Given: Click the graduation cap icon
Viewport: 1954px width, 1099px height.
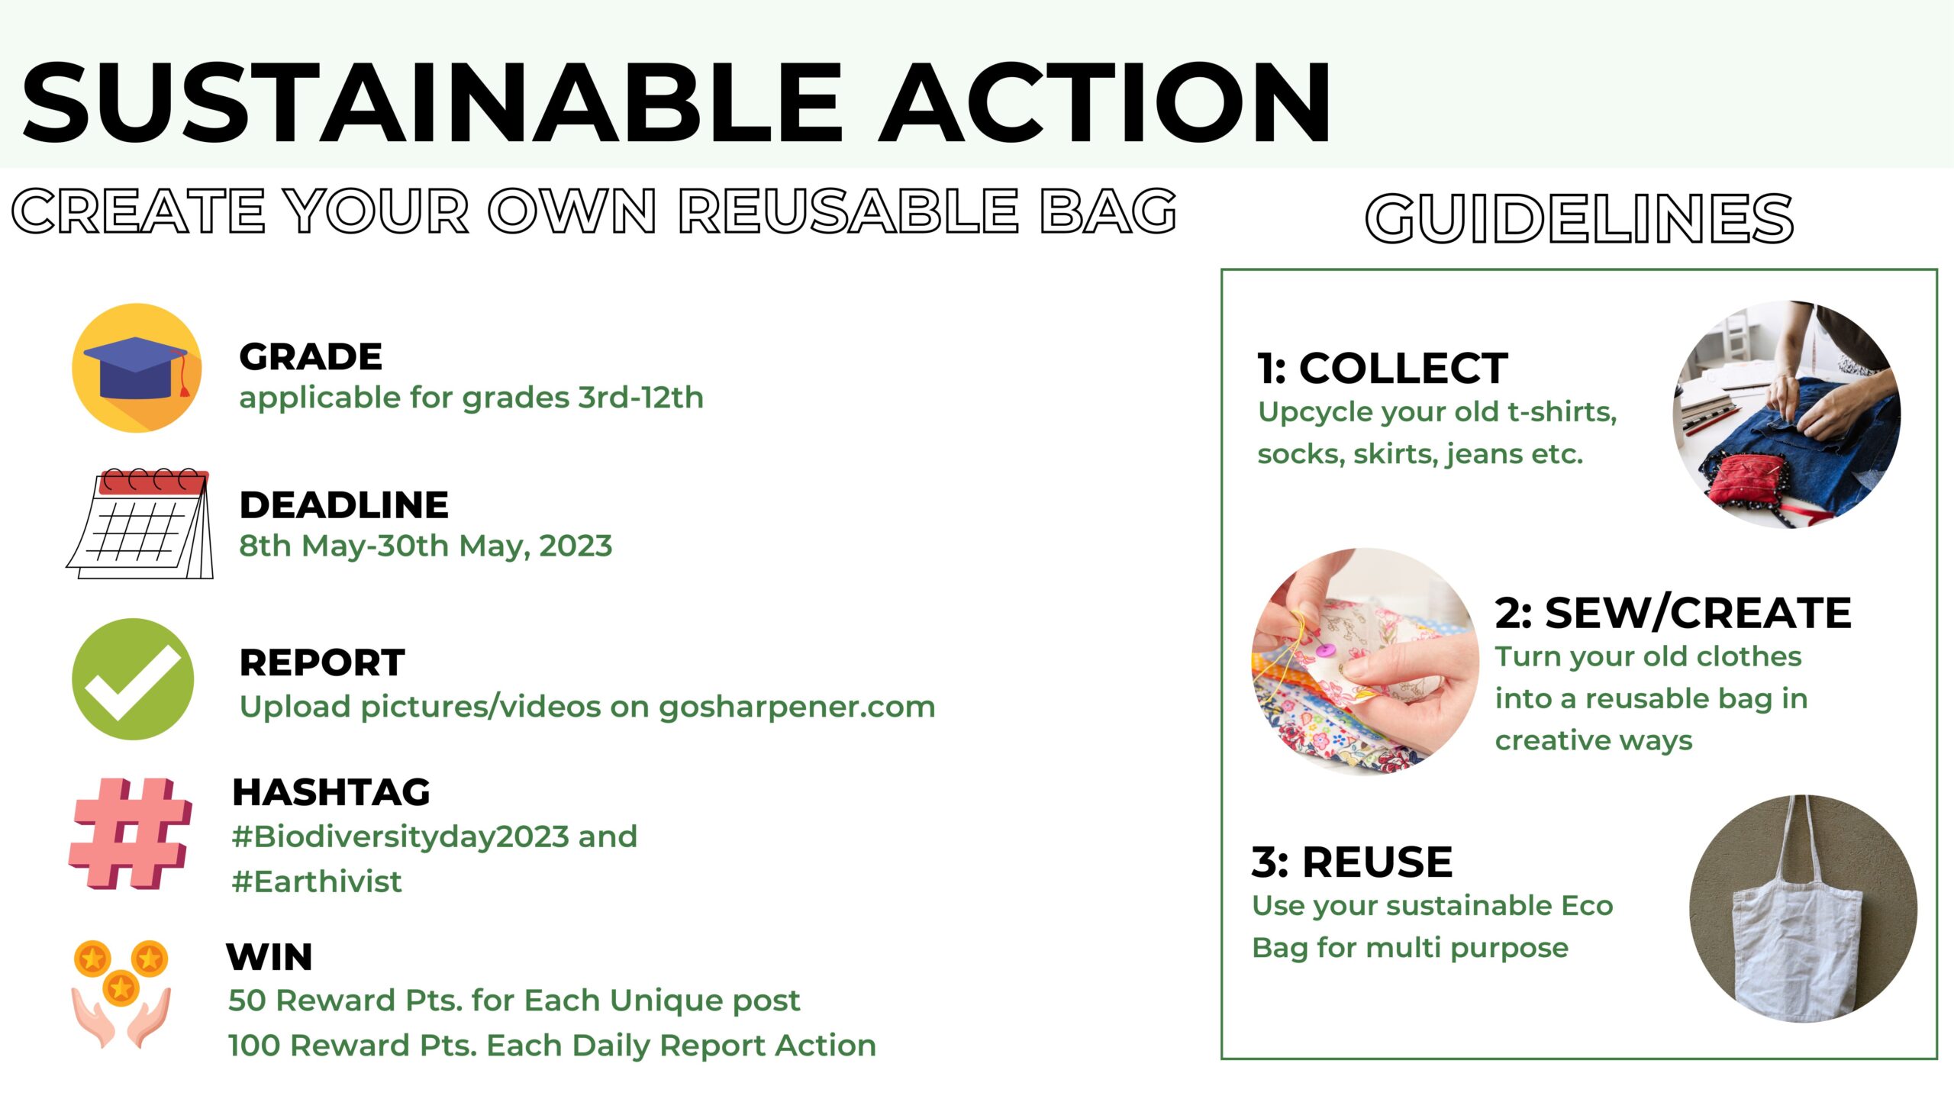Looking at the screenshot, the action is pyautogui.click(x=137, y=368).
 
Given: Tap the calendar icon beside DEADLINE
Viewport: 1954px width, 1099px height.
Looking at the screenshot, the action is pyautogui.click(x=140, y=524).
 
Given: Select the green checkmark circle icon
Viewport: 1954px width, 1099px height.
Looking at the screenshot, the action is pyautogui.click(x=133, y=678).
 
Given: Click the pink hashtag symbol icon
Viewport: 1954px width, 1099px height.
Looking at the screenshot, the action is pyautogui.click(x=131, y=833).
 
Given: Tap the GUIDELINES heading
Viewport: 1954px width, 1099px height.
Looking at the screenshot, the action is pyautogui.click(x=1579, y=218).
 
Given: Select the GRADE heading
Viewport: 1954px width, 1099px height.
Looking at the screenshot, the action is pyautogui.click(x=311, y=356).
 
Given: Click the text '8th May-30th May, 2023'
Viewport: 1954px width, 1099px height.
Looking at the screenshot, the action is pyautogui.click(x=425, y=546).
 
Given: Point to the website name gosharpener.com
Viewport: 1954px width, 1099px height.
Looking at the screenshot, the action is pyautogui.click(x=797, y=707).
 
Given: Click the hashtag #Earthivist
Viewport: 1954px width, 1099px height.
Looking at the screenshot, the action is pyautogui.click(x=317, y=881).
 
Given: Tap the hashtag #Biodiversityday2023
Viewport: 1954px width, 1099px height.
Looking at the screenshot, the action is pyautogui.click(x=401, y=837).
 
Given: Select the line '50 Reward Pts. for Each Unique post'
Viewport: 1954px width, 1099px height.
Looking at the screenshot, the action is pyautogui.click(x=514, y=1001).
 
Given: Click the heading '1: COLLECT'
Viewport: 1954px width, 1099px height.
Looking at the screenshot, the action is pyautogui.click(x=1382, y=369).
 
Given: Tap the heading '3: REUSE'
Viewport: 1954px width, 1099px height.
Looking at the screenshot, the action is pyautogui.click(x=1352, y=862).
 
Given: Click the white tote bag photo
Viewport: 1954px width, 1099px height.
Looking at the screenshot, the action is pyautogui.click(x=1803, y=908).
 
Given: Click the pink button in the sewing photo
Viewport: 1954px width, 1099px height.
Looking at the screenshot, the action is pyautogui.click(x=1326, y=651).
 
